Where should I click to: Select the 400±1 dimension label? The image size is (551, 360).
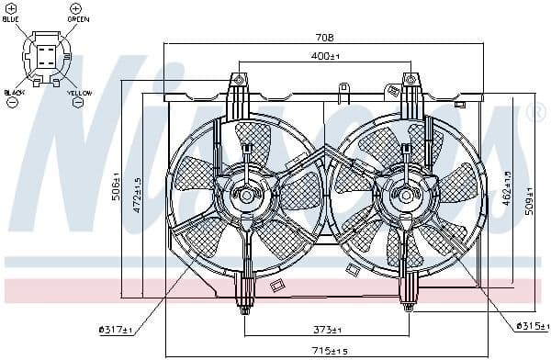coord(324,57)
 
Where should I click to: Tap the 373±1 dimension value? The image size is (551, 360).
coord(324,330)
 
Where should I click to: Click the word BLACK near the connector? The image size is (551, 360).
coord(13,93)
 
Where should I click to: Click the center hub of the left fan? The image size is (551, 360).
coord(244,195)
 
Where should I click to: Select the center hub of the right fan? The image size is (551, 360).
coord(404,195)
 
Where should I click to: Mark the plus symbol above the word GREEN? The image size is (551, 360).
coord(74,7)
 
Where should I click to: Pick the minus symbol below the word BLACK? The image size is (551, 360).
coord(12,103)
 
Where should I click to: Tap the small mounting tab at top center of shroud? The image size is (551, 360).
coord(343,92)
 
